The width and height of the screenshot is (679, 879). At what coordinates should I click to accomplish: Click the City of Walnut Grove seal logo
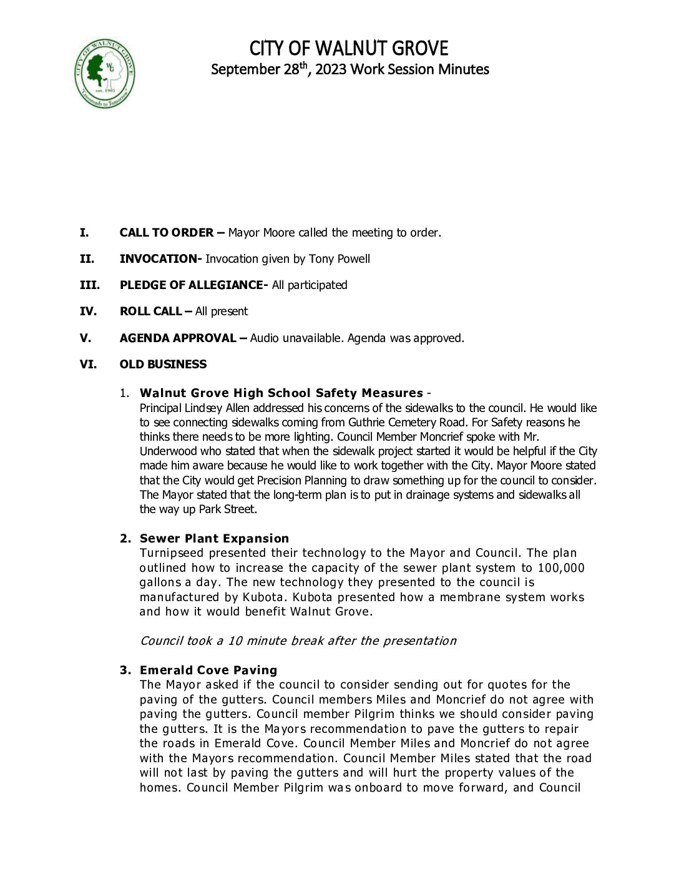105,74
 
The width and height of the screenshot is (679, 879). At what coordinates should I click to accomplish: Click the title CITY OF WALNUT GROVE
349,49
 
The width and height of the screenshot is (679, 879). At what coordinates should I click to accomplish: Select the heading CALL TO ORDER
167,233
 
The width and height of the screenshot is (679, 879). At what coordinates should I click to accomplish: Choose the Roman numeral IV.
88,312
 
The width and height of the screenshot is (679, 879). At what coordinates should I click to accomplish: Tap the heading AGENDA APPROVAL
178,338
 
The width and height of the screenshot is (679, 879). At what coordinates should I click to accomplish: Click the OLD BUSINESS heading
163,365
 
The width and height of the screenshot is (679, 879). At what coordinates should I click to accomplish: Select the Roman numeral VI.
88,365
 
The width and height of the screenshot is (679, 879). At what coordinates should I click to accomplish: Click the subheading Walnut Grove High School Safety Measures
281,393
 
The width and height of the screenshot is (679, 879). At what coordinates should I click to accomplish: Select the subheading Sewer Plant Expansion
214,539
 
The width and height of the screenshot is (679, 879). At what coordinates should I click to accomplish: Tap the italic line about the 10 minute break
298,641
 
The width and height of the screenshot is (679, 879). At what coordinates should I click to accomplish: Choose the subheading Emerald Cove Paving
208,670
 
